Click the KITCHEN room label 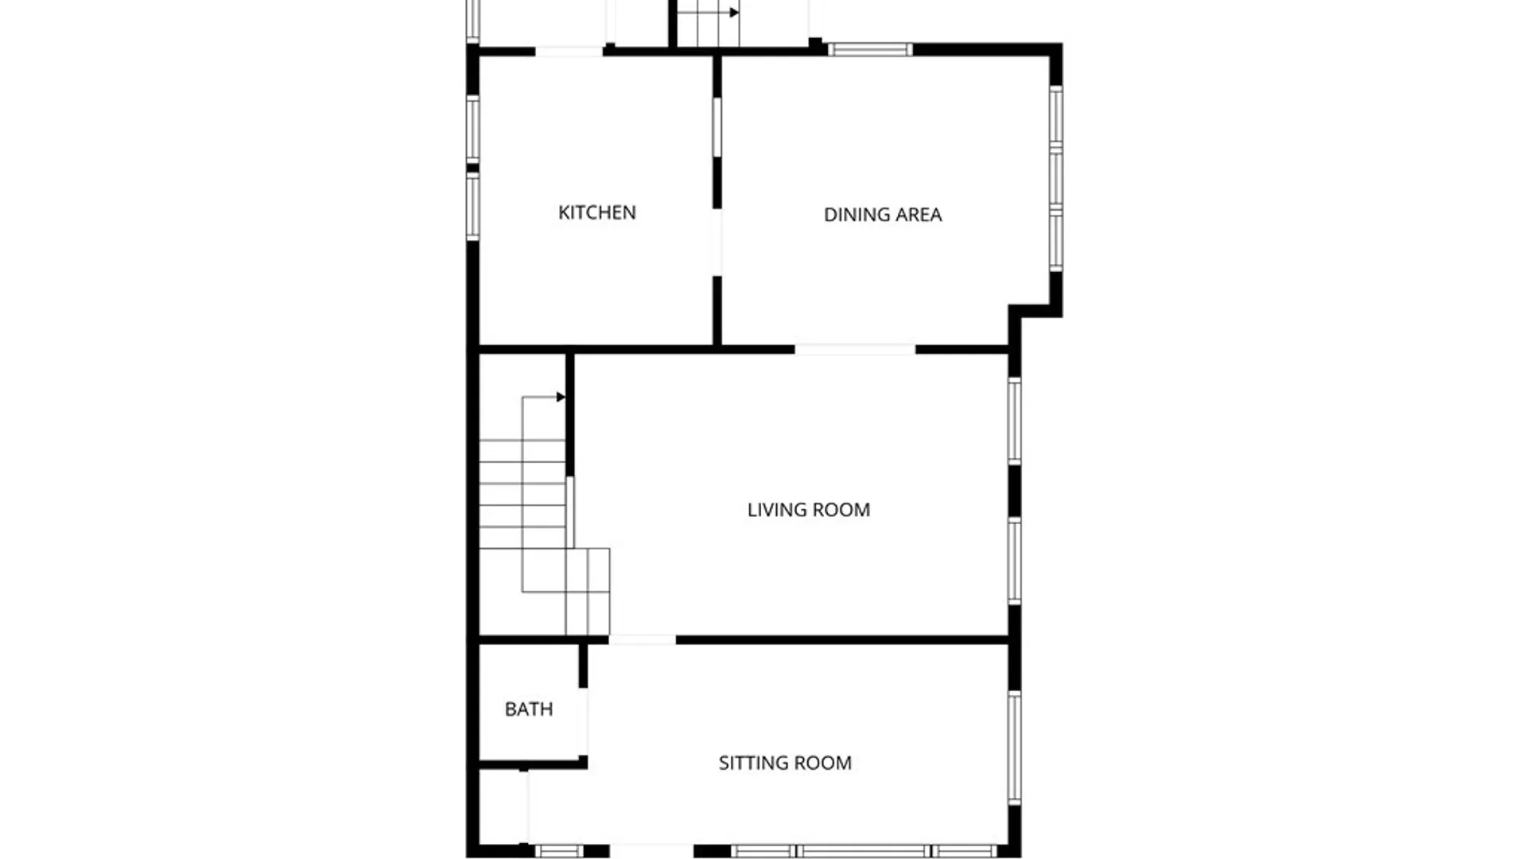tap(596, 212)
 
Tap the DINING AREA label tap(882, 215)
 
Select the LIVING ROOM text tap(808, 510)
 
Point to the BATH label tap(528, 709)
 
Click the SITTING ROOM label tap(784, 763)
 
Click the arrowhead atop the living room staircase tap(561, 397)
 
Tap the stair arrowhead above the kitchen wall tap(734, 13)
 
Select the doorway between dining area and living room tap(855, 349)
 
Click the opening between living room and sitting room tap(642, 639)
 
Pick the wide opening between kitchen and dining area tap(717, 242)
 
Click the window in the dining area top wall tap(870, 49)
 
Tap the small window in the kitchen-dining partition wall tap(717, 126)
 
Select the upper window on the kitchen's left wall tap(472, 128)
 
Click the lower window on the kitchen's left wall tap(472, 207)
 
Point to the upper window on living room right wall tap(1014, 421)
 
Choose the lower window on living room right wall tap(1014, 561)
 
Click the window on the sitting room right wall tap(1014, 747)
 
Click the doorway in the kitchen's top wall tap(569, 51)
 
